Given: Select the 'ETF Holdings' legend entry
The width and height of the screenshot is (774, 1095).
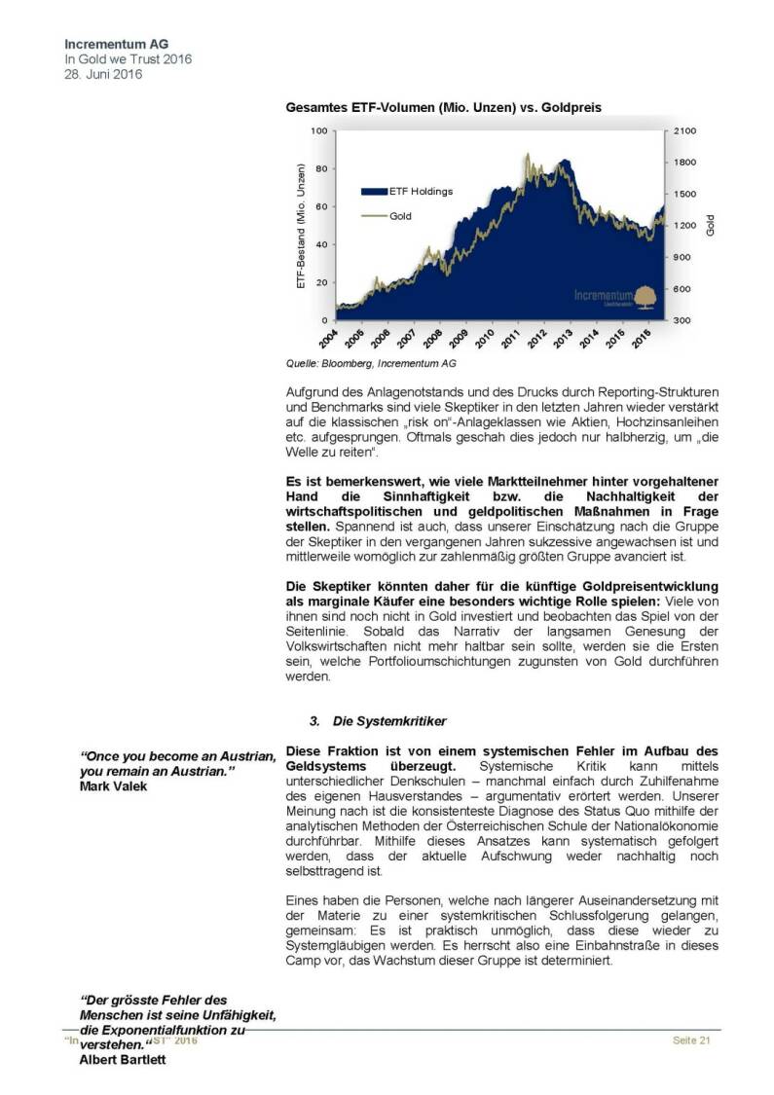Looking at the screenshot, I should [x=420, y=192].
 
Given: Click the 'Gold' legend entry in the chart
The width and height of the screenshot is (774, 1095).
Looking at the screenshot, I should [x=401, y=216].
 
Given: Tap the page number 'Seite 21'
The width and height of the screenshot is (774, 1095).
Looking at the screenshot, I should [x=692, y=1041].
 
